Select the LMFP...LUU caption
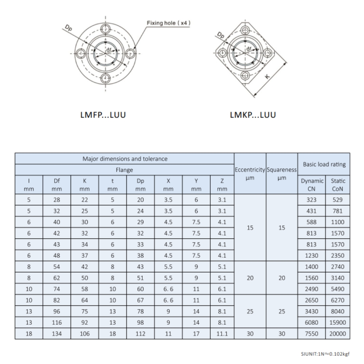click(x=103, y=115)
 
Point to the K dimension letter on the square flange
click(x=268, y=77)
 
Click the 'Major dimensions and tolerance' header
click(x=124, y=159)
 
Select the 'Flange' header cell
click(x=124, y=170)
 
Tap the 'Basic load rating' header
click(x=321, y=164)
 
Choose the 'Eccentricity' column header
click(x=250, y=170)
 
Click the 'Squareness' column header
click(x=282, y=170)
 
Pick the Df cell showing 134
click(x=57, y=334)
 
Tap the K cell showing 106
click(x=85, y=334)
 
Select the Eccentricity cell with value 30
click(x=250, y=334)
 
